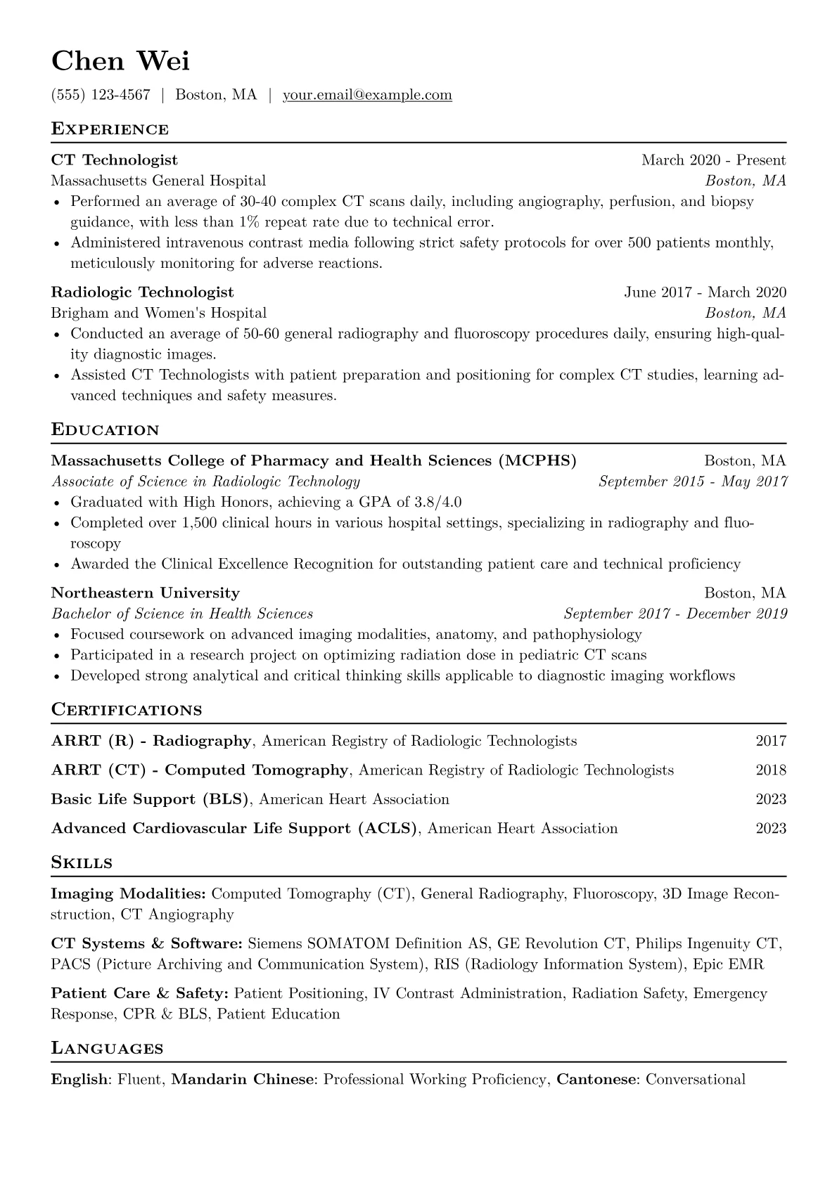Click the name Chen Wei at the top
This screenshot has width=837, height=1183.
[x=120, y=62]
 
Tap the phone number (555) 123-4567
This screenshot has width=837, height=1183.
[x=101, y=95]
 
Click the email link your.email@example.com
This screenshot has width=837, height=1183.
[x=367, y=95]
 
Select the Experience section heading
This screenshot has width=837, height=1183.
[x=110, y=129]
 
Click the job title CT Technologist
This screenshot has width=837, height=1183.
[x=115, y=160]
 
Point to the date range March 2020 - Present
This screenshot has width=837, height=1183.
[x=713, y=160]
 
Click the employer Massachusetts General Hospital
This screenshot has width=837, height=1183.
[x=158, y=181]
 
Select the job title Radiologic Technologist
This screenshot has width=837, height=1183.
[x=143, y=292]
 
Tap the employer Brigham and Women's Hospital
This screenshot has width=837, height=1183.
[x=159, y=313]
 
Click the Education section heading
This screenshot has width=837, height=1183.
[x=106, y=430]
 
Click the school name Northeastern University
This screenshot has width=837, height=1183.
[x=146, y=593]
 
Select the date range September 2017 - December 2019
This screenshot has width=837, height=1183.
[x=675, y=614]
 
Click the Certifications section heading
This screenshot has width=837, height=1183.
[x=127, y=710]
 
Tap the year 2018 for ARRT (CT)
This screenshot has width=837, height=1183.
[x=771, y=770]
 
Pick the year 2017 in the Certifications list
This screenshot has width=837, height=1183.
[x=771, y=741]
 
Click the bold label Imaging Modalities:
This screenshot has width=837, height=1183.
[x=129, y=894]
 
